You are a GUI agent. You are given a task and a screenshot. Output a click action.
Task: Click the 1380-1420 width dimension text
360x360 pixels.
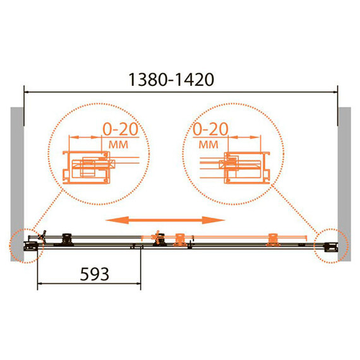(x=171, y=80)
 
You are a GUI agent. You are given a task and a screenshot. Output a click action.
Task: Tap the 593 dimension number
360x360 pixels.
(x=94, y=274)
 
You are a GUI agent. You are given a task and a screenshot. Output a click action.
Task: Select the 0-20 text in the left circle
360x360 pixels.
(x=120, y=129)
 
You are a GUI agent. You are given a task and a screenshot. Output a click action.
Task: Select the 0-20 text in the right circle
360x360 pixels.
(x=210, y=129)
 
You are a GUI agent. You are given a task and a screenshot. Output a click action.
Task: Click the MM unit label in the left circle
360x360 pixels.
(x=118, y=145)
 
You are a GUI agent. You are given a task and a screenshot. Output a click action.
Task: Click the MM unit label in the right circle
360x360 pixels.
(x=208, y=145)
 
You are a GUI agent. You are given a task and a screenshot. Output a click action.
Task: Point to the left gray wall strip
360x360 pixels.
(x=17, y=184)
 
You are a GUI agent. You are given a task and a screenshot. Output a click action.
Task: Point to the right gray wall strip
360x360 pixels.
(x=344, y=184)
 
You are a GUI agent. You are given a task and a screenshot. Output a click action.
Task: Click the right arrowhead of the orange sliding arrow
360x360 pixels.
(x=213, y=220)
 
